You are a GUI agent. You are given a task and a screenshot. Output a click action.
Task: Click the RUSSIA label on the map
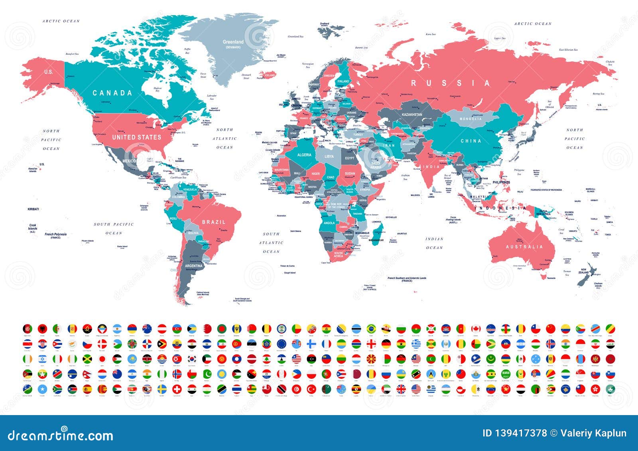click(x=451, y=83)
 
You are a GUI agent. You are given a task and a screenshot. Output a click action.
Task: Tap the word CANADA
click(x=112, y=93)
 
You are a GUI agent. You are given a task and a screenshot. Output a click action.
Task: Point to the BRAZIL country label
click(x=214, y=222)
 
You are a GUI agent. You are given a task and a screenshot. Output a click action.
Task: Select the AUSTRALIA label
click(x=524, y=247)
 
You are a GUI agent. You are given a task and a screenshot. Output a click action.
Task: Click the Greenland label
click(x=233, y=42)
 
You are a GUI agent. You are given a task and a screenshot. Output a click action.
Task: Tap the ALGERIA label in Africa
click(x=304, y=155)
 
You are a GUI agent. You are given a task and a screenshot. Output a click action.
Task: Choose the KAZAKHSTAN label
click(x=412, y=115)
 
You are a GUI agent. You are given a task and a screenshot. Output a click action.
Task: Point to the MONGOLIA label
click(x=471, y=119)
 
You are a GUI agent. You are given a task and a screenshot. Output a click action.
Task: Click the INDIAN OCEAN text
click(x=435, y=243)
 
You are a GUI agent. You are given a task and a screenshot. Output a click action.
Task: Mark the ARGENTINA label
click(x=193, y=266)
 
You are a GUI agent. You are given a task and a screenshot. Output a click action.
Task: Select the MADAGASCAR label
click(x=376, y=240)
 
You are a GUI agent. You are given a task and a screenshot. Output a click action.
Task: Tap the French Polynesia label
click(x=55, y=235)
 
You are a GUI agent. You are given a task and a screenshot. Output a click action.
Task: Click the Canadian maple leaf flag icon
click(x=476, y=329)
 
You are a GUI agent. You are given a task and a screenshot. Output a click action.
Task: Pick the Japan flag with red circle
click(x=102, y=358)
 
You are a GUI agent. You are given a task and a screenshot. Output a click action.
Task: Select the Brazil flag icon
click(x=371, y=329)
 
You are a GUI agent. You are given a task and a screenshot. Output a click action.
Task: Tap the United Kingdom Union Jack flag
click(x=401, y=389)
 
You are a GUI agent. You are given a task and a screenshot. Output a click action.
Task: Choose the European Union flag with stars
click(x=282, y=344)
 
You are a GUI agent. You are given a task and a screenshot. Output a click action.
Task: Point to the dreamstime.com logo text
click(x=61, y=435)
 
